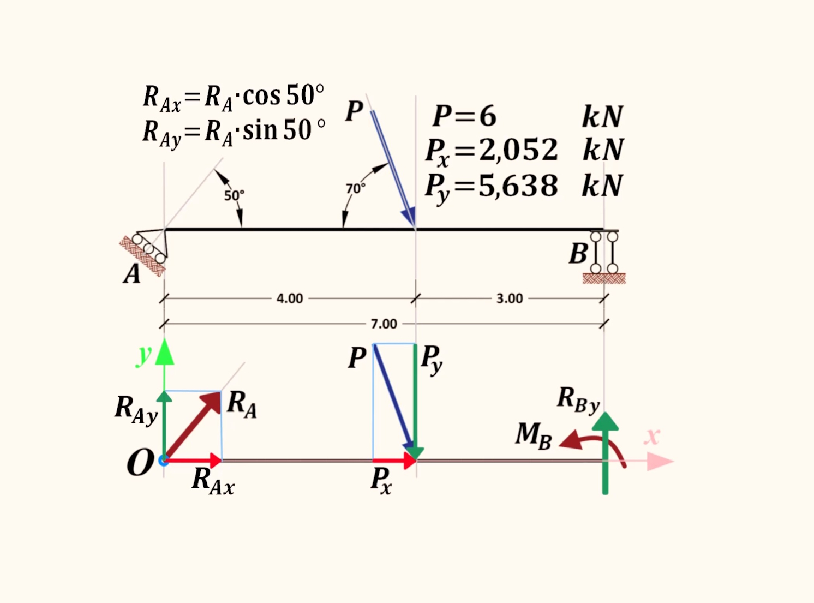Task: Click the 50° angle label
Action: tap(234, 195)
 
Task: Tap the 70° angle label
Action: tap(356, 188)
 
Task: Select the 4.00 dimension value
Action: tap(290, 298)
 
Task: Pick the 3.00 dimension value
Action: tap(510, 298)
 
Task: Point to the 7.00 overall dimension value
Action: tap(384, 324)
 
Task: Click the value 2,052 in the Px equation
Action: tap(518, 150)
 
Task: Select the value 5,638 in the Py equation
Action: tap(518, 186)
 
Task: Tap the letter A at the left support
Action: tap(131, 274)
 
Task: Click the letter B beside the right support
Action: tap(578, 254)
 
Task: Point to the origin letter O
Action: tap(140, 462)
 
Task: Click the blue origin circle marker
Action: tap(164, 461)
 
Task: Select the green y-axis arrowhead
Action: tap(164, 352)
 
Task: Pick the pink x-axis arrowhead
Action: tap(660, 461)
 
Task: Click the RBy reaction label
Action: tap(578, 401)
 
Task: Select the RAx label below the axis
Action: tap(213, 481)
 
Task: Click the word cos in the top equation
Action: tap(261, 96)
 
